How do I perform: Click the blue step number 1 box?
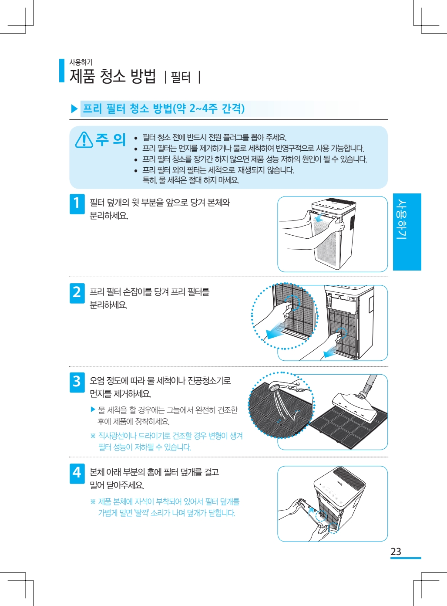77,204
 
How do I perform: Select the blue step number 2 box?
77,293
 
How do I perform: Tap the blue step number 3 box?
77,382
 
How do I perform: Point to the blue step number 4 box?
77,474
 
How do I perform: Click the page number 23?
396,552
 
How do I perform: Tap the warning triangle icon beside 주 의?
84,140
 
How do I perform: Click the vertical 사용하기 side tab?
407,232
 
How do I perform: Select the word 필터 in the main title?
181,77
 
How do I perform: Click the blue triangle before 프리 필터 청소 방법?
74,109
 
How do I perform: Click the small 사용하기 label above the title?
81,63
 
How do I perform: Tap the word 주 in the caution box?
101,139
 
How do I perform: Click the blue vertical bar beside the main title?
62,71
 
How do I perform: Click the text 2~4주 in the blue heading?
203,108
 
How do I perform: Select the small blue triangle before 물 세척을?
93,409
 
